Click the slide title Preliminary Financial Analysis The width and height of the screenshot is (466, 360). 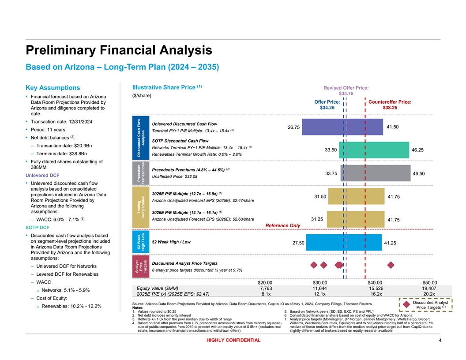pos(119,50)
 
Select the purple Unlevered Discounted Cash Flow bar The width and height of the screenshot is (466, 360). pos(343,127)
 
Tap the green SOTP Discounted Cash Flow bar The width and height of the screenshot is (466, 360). pos(374,150)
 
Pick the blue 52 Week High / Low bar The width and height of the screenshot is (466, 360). pos(344,242)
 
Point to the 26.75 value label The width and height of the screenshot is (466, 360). pos(293,127)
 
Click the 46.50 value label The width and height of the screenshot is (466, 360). pos(419,174)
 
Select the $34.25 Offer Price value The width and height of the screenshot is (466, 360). pos(327,108)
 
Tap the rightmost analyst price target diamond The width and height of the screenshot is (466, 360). pos(391,265)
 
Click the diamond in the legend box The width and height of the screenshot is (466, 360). pos(406,305)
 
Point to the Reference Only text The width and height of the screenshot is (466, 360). pos(282,226)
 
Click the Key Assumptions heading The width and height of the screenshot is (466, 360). pos(53,88)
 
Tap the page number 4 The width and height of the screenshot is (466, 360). pos(440,340)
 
